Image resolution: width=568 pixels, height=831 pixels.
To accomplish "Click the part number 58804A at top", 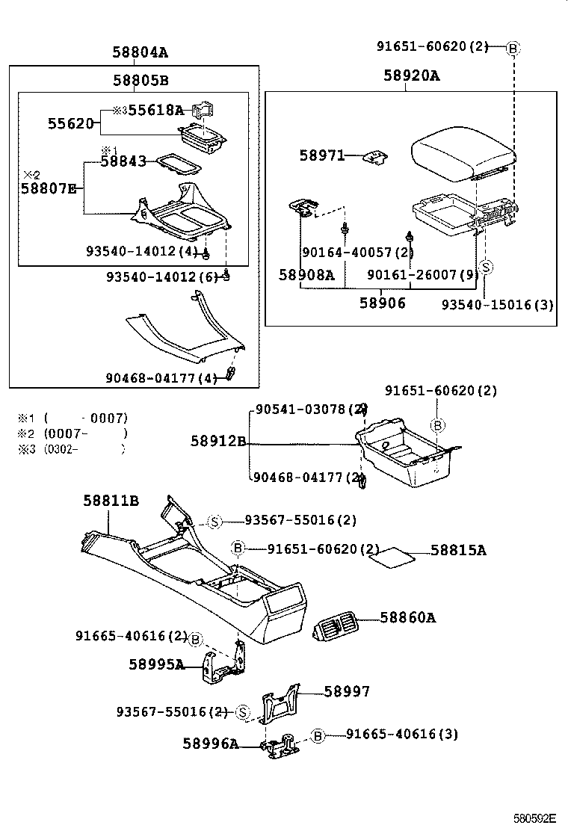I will pyautogui.click(x=140, y=52).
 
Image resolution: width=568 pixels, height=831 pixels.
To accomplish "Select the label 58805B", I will pyautogui.click(x=141, y=80).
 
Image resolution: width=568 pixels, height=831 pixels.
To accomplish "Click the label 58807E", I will pyautogui.click(x=49, y=188).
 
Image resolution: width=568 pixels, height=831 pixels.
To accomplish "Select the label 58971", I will pyautogui.click(x=322, y=155).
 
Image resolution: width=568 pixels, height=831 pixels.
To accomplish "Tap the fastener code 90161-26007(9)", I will pyautogui.click(x=422, y=274).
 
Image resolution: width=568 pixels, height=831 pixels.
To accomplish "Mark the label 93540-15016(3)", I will pyautogui.click(x=497, y=304).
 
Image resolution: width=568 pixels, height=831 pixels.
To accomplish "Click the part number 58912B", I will pyautogui.click(x=217, y=442).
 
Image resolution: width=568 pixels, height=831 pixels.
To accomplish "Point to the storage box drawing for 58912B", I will pyautogui.click(x=407, y=454).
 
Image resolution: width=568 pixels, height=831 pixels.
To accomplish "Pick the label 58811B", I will pyautogui.click(x=111, y=501).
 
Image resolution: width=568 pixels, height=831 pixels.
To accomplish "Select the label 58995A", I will pyautogui.click(x=156, y=664).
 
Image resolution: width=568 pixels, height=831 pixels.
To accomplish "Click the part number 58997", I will pyautogui.click(x=347, y=692).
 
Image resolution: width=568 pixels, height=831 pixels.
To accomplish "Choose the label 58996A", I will pyautogui.click(x=211, y=743).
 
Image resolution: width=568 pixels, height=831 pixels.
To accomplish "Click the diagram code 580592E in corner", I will pyautogui.click(x=534, y=818).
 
